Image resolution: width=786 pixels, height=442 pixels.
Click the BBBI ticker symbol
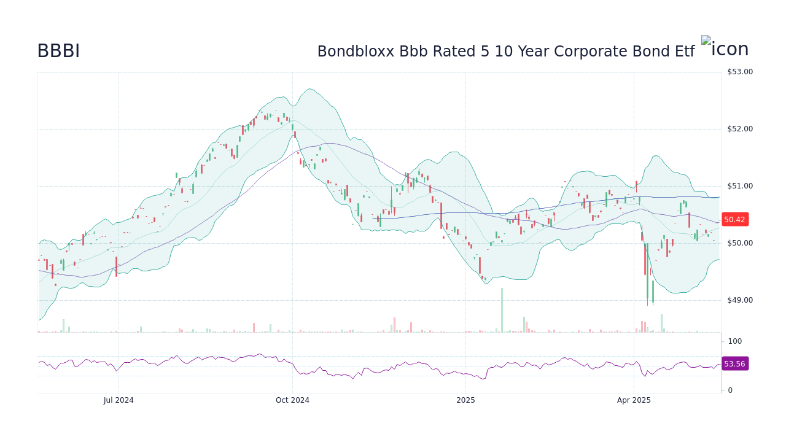click(x=58, y=52)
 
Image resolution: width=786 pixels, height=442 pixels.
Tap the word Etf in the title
click(x=682, y=52)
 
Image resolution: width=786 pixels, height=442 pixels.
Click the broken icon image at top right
click(x=706, y=41)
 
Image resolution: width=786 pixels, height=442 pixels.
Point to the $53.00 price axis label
click(x=739, y=72)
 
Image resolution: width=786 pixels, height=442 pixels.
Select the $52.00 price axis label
click(x=739, y=129)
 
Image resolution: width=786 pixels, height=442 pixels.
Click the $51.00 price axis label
click(x=739, y=186)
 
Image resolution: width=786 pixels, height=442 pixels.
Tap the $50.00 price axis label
click(x=739, y=243)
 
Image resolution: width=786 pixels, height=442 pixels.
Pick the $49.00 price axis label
click(x=739, y=300)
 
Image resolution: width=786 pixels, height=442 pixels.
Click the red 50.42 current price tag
click(x=734, y=219)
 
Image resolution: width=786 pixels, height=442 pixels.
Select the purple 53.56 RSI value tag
click(x=734, y=363)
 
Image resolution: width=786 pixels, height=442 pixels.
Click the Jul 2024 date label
click(x=119, y=400)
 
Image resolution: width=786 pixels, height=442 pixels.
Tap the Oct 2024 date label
click(x=292, y=400)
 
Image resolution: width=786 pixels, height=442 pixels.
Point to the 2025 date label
click(x=465, y=400)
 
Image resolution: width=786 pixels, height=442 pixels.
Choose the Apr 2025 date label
click(x=634, y=400)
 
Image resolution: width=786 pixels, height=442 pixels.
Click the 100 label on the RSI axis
click(x=735, y=341)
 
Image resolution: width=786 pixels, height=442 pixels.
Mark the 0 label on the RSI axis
click(x=730, y=390)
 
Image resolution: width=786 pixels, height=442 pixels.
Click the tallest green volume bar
click(x=502, y=310)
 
